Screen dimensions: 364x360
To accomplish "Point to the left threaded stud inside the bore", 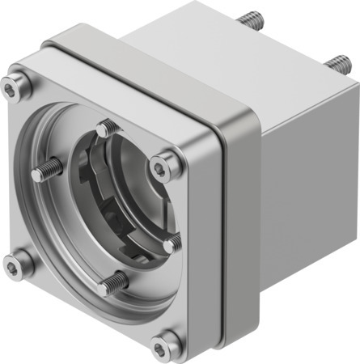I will coord(47,171).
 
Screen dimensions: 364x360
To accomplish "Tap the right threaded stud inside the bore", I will coord(172,242).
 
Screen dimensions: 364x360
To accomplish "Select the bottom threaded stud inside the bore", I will coord(114,282).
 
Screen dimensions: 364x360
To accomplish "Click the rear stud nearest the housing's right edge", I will coord(337,63).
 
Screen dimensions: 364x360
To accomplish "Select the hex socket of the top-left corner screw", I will coord(14,85).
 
